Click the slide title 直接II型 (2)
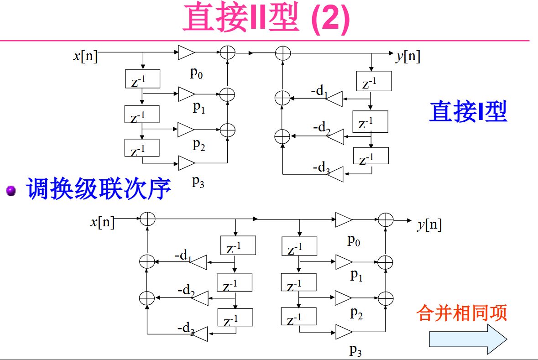(266, 18)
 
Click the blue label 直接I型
(468, 111)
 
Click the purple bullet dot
(11, 190)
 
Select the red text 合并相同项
(462, 313)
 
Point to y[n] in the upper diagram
(408, 56)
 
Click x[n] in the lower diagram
(102, 222)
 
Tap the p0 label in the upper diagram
(197, 73)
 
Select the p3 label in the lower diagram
(355, 350)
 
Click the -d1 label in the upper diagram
(319, 91)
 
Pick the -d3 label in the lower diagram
(186, 328)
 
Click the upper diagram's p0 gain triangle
(187, 52)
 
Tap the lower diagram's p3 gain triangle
(344, 332)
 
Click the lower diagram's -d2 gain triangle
(200, 298)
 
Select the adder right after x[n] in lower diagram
(147, 219)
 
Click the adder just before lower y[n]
(386, 220)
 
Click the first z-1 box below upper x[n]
(142, 79)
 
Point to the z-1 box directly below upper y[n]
(374, 81)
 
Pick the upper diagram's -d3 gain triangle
(334, 174)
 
